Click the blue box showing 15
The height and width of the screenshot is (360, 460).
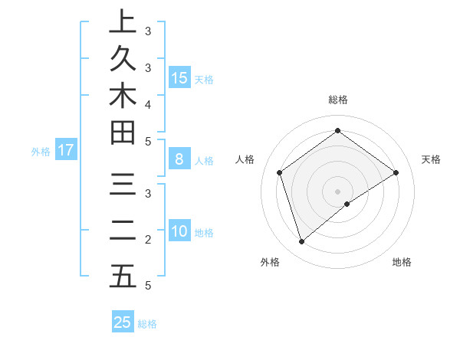coord(179,77)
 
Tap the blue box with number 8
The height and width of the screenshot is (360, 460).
coord(179,159)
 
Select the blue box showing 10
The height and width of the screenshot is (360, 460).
coord(179,231)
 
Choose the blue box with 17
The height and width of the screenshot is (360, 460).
coord(66,150)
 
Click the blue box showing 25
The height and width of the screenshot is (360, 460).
coord(123,322)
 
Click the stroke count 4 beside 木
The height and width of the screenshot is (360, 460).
coord(148,103)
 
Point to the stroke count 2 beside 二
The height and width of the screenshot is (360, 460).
coord(148,240)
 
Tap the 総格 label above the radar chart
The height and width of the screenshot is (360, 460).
coord(338,100)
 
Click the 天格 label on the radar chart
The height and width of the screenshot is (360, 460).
coord(431,159)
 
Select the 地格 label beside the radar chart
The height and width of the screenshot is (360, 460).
coord(402,262)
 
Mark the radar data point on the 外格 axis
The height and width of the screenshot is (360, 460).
coord(302,242)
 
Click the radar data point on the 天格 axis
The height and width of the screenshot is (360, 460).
coord(396,172)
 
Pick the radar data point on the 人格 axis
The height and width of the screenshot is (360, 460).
coord(280,172)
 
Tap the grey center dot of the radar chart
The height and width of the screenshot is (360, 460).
coord(338,191)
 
